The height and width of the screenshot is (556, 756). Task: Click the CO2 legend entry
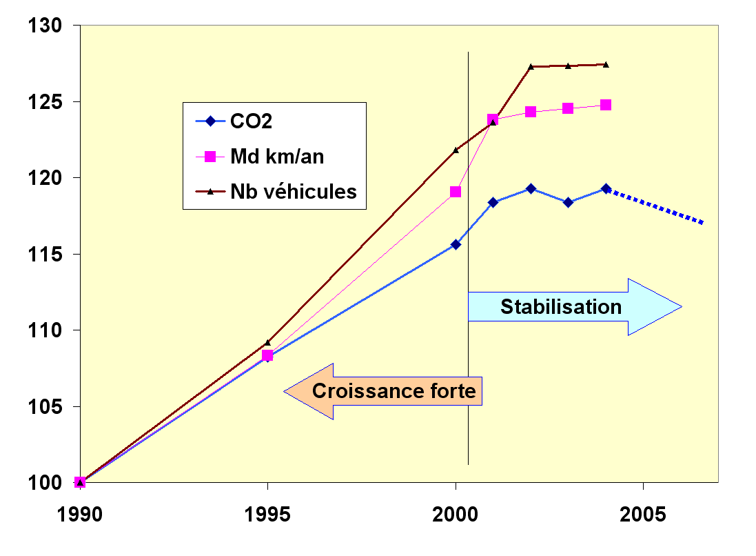pos(251,122)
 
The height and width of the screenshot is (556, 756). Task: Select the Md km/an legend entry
pos(276,157)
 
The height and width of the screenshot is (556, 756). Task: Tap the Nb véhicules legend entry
pos(293,191)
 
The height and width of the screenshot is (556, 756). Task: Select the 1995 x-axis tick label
pos(268,514)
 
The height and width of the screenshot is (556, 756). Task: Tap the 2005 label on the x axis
pos(643,514)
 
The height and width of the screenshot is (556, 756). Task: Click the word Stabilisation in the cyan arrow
pos(561,306)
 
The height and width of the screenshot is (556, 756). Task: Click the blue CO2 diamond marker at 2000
pos(456,244)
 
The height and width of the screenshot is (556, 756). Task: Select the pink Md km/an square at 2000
pos(456,192)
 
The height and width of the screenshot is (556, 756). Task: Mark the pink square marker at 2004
pos(606,105)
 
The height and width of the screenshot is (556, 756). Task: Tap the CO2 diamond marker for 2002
pos(531,188)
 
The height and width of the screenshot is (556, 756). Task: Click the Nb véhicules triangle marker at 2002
pos(531,67)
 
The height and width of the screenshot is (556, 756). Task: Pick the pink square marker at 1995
pos(267,356)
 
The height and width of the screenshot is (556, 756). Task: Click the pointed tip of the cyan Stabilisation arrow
pos(681,306)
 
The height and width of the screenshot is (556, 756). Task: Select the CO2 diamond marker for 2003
pos(568,202)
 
